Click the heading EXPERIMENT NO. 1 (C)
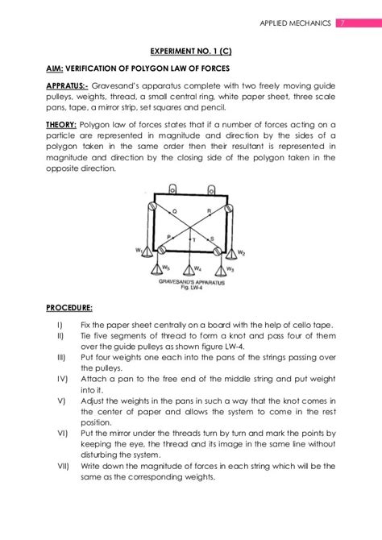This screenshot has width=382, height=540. coord(191,50)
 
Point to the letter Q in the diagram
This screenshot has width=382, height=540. coord(175,211)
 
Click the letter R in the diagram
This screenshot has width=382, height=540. coord(210,211)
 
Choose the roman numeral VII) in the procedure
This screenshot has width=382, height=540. coord(63,466)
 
